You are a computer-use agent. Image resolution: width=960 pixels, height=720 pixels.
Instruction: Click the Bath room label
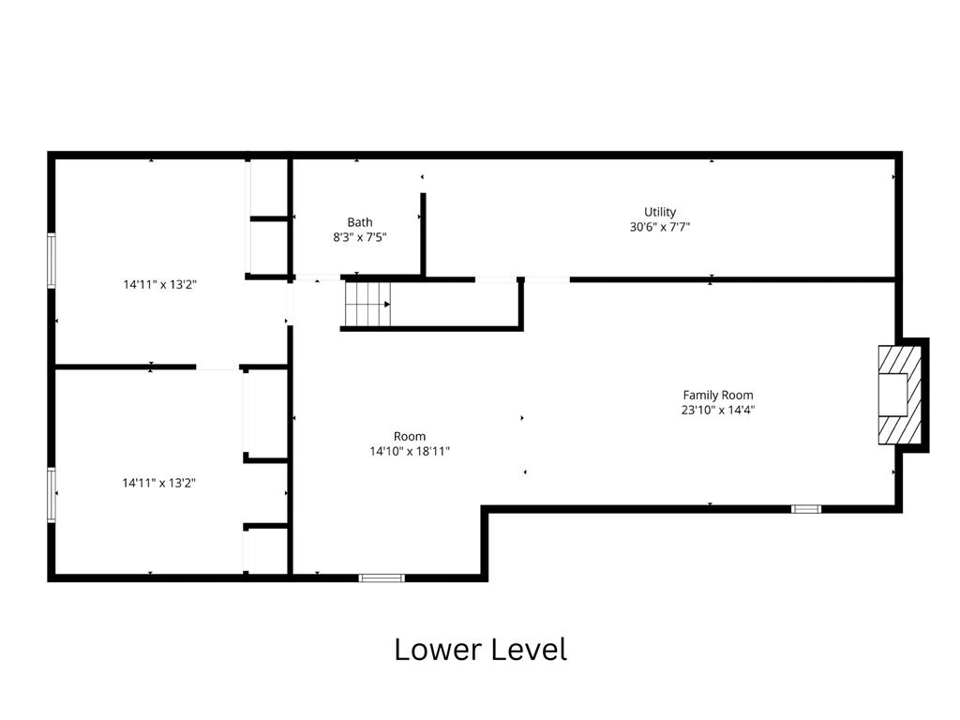[359, 222]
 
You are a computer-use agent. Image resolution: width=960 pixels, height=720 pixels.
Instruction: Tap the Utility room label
[659, 212]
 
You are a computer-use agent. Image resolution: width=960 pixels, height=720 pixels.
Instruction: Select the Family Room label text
[718, 395]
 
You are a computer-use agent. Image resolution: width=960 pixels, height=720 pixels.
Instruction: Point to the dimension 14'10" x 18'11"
[410, 451]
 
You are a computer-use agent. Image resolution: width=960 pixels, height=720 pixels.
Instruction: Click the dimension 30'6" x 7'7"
[659, 227]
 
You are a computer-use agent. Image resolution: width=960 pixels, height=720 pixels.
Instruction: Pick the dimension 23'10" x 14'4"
[718, 410]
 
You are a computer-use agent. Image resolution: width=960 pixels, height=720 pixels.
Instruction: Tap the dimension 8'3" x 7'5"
[359, 237]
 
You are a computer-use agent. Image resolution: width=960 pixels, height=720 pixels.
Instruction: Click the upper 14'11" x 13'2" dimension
[159, 284]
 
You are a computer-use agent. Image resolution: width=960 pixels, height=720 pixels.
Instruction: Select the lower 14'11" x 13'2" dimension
[158, 483]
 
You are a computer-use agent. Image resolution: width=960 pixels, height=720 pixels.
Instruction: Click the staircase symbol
[367, 305]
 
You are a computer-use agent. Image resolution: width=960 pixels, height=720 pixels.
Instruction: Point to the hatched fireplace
[899, 395]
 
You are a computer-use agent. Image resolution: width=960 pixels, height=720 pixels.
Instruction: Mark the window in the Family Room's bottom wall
[805, 509]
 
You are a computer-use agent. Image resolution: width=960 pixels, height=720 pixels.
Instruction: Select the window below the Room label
[382, 577]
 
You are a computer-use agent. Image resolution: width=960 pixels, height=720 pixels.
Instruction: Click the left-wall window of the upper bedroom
[52, 261]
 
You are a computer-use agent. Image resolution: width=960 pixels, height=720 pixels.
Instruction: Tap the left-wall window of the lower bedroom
[52, 495]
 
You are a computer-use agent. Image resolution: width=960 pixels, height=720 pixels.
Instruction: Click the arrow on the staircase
[387, 305]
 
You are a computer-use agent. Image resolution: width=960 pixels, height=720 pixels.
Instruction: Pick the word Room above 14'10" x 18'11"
[410, 437]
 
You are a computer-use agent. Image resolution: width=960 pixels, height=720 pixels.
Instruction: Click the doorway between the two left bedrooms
[217, 367]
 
